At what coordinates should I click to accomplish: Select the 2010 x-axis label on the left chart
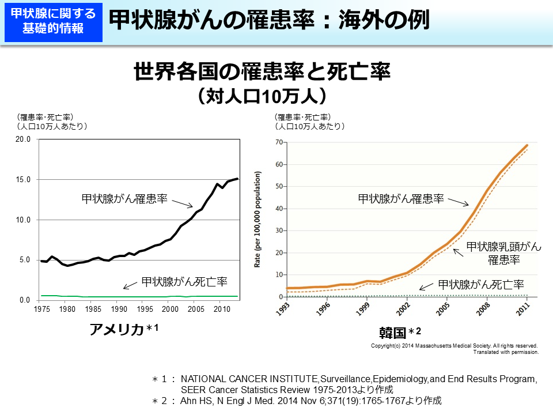click(219, 310)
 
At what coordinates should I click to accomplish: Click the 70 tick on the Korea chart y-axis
click(278, 142)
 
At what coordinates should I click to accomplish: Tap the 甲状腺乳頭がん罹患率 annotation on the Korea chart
click(503, 252)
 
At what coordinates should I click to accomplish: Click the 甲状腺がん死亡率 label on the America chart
click(184, 282)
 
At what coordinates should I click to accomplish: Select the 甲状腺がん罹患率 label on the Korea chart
click(401, 199)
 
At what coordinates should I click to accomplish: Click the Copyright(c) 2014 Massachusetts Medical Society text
click(455, 346)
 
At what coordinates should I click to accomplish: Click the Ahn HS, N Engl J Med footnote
click(311, 400)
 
